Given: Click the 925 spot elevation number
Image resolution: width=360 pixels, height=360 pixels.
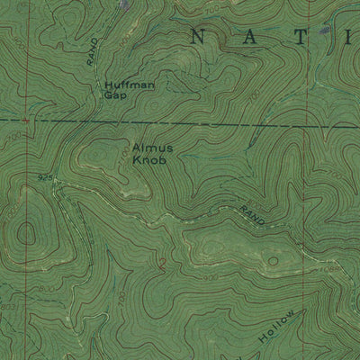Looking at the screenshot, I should coord(44,179).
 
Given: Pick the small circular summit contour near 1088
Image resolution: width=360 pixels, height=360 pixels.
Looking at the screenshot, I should coord(273,259).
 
